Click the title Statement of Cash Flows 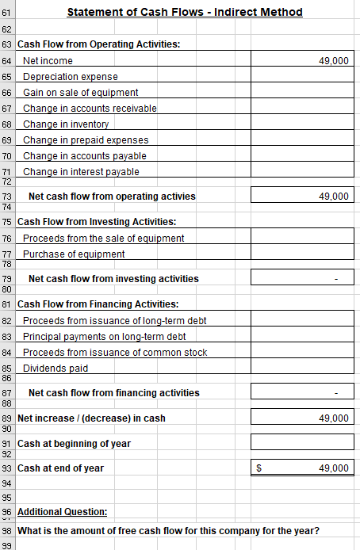coord(185,12)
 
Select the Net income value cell coord(301,60)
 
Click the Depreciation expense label coord(71,76)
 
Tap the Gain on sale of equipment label coord(81,92)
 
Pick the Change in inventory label coord(66,124)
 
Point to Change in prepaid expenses coord(86,139)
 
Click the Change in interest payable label coord(81,171)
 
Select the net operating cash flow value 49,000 coord(301,196)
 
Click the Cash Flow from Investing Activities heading coord(97,221)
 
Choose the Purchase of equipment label coord(74,254)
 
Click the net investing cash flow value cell coord(301,278)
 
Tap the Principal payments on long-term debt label coord(104,336)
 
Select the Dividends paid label coord(56,368)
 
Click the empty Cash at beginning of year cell coord(301,442)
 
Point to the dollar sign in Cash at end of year coord(259,468)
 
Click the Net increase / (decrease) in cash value coord(301,418)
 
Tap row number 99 coord(7,544)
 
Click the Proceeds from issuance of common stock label coord(115,352)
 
